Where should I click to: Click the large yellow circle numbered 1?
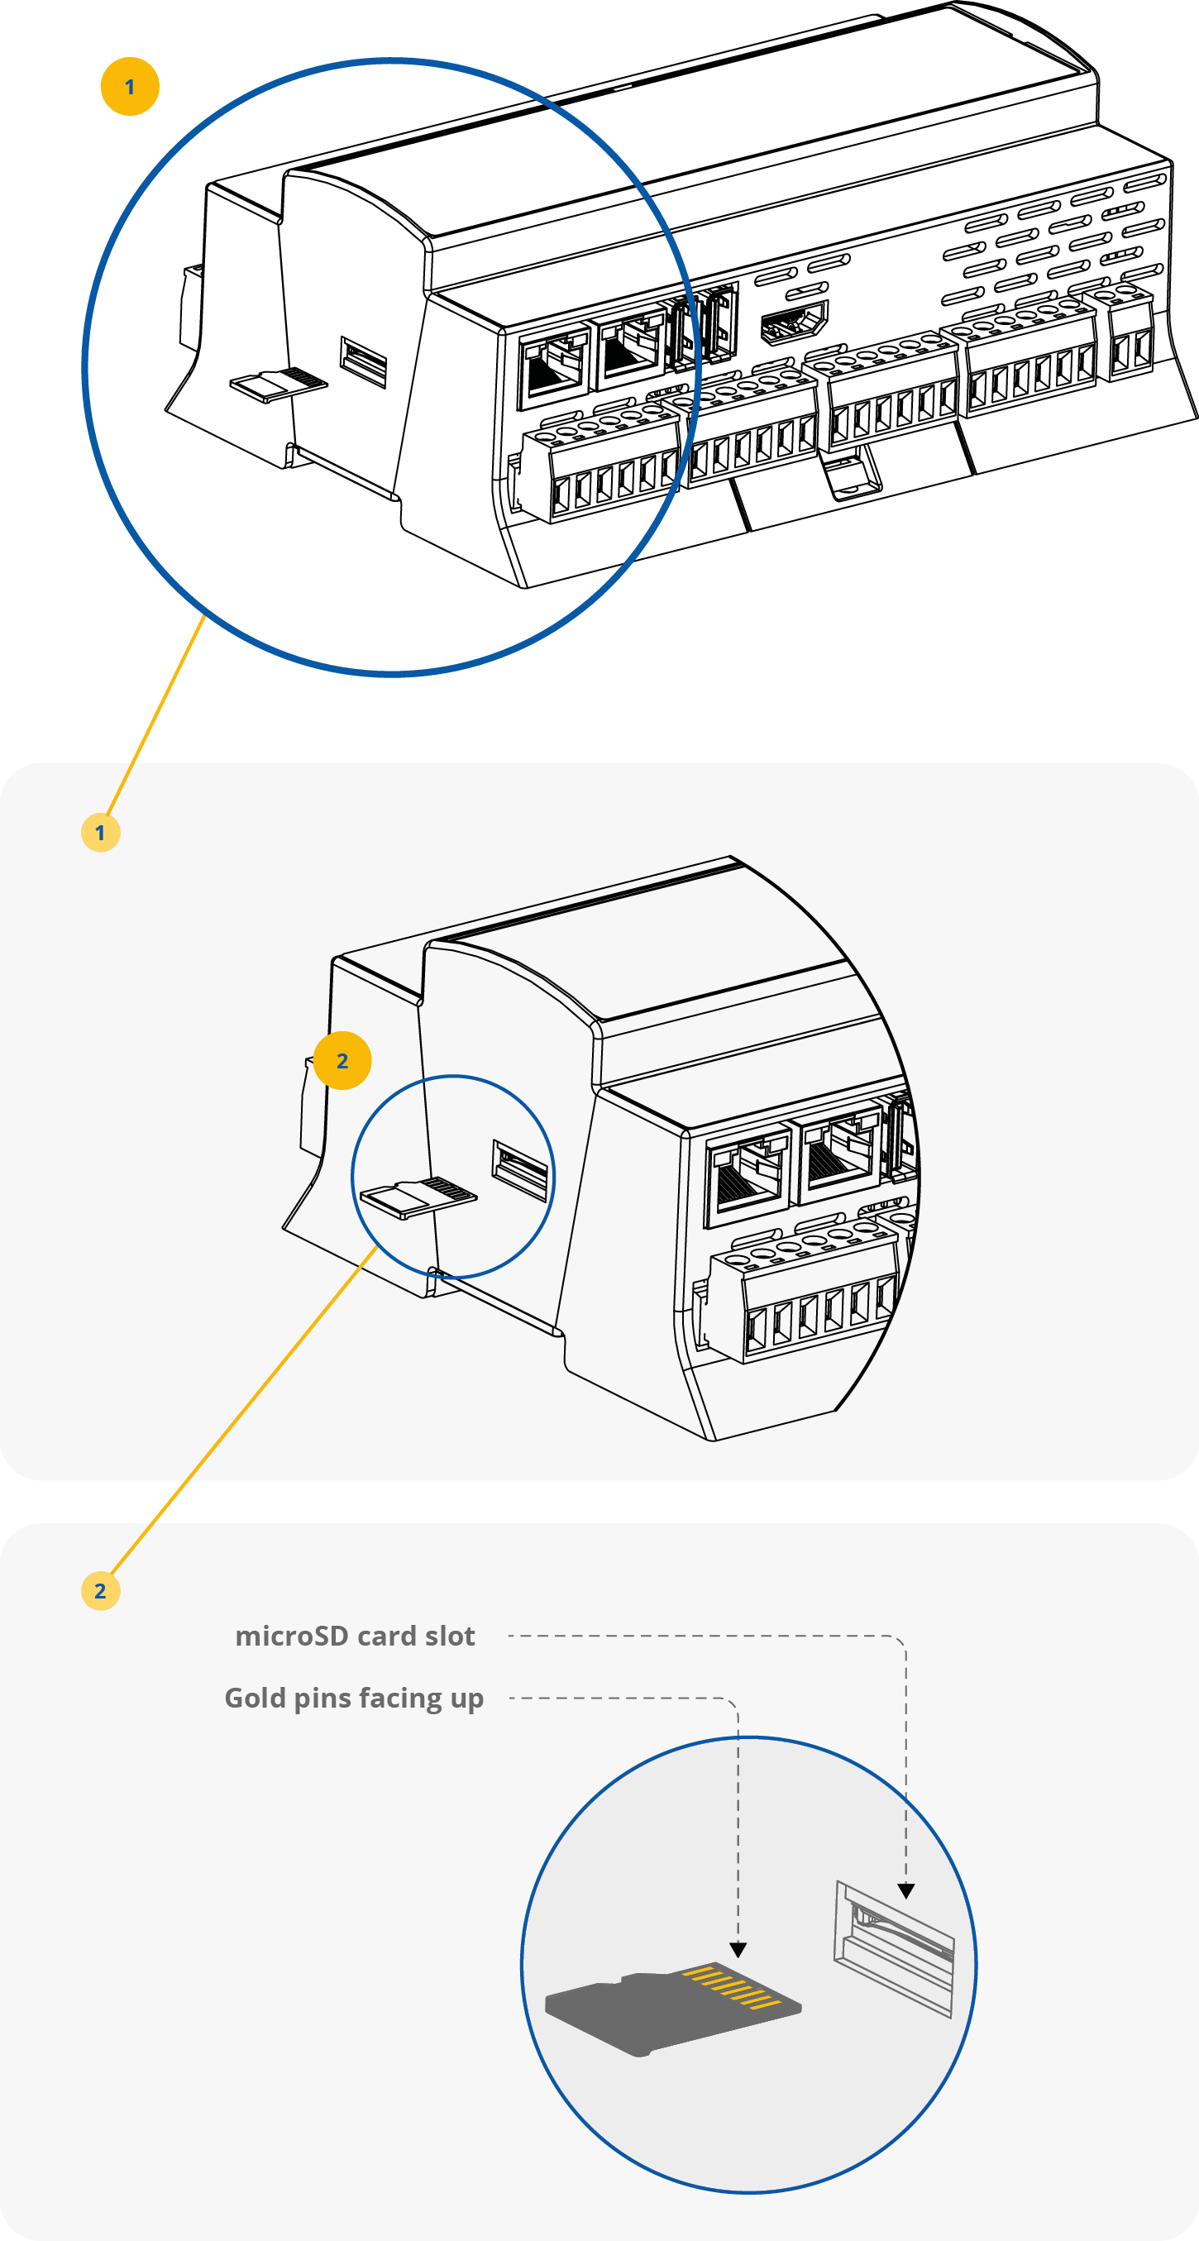pos(130,87)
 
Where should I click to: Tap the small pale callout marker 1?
pos(100,833)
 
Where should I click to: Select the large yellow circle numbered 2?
pos(342,1060)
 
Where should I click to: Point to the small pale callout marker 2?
pos(100,1591)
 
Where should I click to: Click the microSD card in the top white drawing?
pos(277,385)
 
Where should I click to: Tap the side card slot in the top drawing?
pos(364,361)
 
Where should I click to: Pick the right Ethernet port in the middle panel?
pos(838,1155)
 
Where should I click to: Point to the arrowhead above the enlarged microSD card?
pos(738,1951)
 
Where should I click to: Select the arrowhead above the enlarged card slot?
pos(905,1890)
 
